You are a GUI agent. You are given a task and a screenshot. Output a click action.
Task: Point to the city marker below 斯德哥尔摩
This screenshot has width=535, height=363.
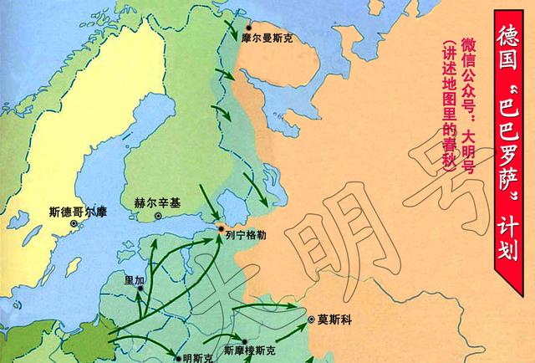point(74,224)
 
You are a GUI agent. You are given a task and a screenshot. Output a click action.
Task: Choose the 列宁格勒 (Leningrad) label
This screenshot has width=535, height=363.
point(245,236)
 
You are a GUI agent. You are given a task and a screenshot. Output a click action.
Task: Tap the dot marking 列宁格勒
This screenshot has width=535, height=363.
point(220,228)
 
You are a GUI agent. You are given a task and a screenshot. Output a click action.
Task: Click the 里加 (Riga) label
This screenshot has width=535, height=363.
point(134,279)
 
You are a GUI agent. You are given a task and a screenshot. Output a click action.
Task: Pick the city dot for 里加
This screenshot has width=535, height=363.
point(140,289)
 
